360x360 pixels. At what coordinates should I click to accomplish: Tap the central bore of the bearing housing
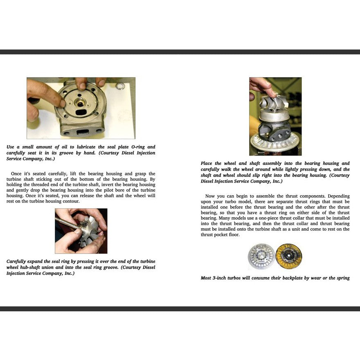coord(81,103)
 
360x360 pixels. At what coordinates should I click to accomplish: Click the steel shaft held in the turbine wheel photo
coord(65,223)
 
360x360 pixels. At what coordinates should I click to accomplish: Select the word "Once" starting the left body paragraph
coord(16,174)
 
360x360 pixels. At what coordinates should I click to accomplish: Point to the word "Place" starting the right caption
coord(207,163)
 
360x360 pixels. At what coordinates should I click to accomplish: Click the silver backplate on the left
coord(261,256)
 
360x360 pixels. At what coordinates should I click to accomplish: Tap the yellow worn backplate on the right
coord(288,256)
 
